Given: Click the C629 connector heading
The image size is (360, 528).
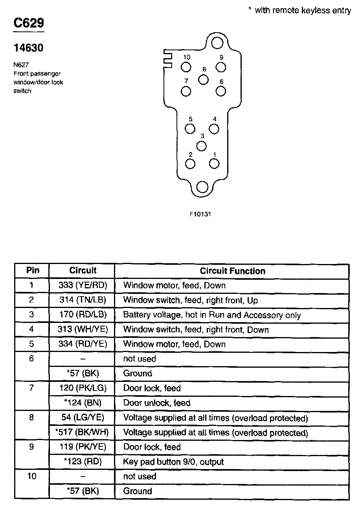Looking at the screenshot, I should coord(29,23).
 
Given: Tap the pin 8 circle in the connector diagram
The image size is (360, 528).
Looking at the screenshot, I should coord(203,79).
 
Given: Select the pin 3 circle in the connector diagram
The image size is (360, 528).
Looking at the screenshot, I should coord(202,146).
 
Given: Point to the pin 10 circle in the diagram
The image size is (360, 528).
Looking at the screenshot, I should coord(186,67).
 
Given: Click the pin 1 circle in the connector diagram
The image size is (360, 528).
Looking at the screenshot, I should coord(214,163).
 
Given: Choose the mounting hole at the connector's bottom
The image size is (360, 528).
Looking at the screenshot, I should coord(202,187).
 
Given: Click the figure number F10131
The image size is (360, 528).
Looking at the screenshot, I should coord(201,214).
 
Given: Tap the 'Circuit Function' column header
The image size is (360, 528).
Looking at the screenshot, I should coord(232,271).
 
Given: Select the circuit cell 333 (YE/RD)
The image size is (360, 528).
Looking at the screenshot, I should coord(83,286).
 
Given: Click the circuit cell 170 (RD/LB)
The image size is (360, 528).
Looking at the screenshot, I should coord(83,315).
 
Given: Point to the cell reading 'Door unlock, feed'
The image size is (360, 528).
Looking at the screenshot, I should coord(157,403).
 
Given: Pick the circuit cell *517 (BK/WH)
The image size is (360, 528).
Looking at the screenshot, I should coord(83,433).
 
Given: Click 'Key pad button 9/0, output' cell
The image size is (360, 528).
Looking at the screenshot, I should coord(173,462).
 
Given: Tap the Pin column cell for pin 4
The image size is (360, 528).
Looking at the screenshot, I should coord(32,330).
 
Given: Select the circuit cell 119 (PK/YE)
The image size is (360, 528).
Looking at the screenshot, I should coord(83,447).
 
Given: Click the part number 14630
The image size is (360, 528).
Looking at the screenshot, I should coord(28,48).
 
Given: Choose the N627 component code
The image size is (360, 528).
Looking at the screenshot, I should coord(21,65).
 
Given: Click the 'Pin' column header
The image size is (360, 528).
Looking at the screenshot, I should coord(33,270).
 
